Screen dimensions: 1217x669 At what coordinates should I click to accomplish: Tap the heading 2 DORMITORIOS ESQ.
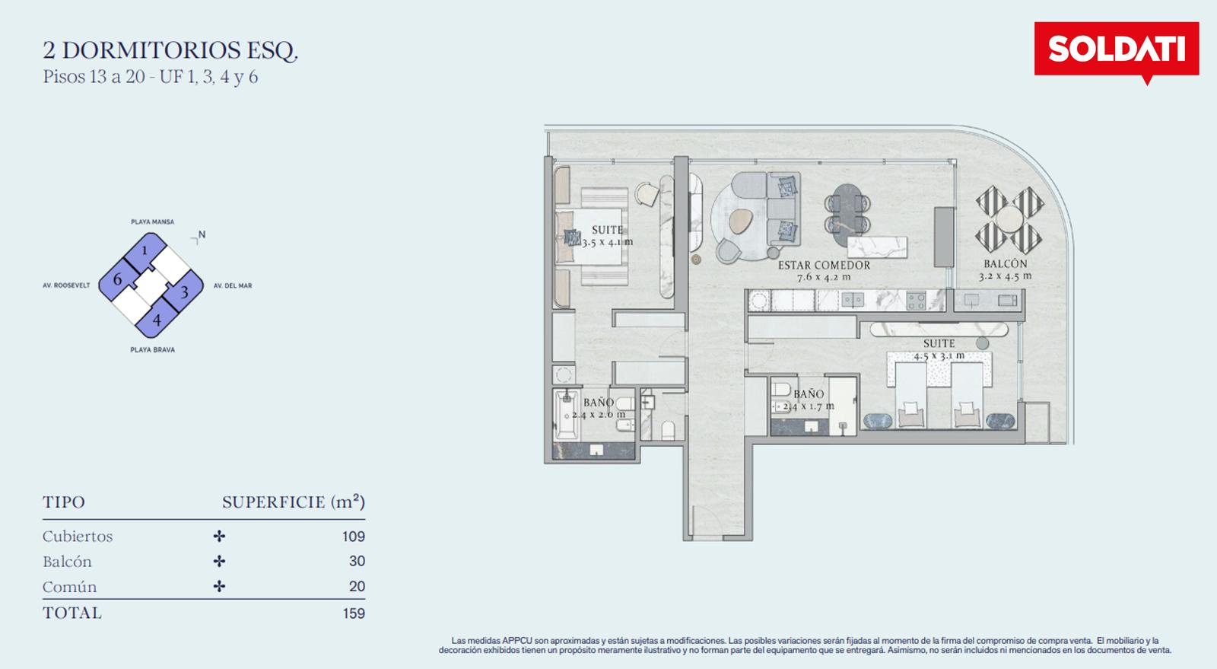[170, 50]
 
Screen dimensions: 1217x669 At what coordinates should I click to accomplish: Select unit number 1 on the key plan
[145, 250]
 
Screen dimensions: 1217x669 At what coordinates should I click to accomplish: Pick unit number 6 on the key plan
[117, 280]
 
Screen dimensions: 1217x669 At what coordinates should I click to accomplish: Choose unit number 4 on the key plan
[157, 320]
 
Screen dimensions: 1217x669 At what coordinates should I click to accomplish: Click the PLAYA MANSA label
[153, 221]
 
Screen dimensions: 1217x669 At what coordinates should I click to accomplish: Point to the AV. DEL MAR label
[233, 285]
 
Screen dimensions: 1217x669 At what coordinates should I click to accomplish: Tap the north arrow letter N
[202, 234]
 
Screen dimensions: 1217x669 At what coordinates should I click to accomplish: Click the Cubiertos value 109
[353, 537]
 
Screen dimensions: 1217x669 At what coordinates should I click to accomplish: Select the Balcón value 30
[357, 561]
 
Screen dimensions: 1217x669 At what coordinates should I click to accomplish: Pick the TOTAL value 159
[354, 613]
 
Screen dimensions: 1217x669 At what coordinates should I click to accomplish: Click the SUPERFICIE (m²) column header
[294, 502]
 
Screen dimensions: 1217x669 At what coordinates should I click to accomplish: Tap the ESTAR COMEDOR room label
[824, 265]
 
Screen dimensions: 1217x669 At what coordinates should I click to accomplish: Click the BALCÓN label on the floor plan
[1006, 263]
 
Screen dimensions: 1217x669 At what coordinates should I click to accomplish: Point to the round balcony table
[1009, 219]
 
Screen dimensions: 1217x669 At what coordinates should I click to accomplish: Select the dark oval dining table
[847, 215]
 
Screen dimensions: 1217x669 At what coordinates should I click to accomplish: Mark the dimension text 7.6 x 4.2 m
[824, 277]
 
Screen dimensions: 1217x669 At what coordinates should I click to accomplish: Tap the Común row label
[69, 587]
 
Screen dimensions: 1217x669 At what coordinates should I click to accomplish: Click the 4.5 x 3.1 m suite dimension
[939, 356]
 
